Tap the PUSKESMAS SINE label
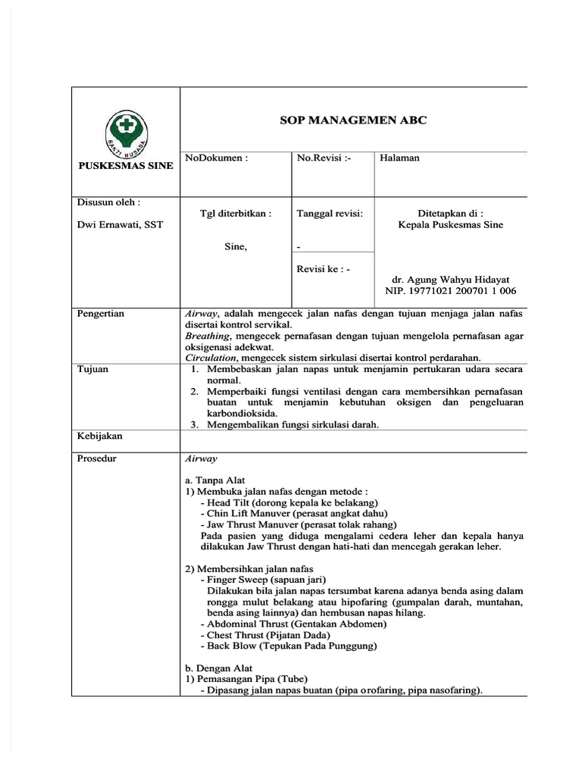click(125, 166)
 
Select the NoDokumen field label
click(217, 158)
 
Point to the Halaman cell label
click(399, 158)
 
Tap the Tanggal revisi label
click(330, 214)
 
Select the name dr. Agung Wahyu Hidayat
click(450, 279)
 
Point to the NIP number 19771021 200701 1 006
click(450, 291)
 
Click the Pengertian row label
click(101, 313)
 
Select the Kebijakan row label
click(99, 436)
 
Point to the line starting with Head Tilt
click(289, 502)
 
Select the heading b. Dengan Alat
click(219, 668)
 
